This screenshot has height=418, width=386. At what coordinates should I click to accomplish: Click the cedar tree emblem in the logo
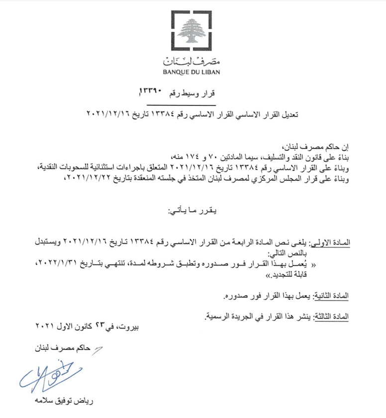point(192,32)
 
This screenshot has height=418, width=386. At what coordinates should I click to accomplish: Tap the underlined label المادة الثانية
point(329,295)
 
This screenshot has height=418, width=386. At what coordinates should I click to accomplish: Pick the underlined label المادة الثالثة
point(330,316)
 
